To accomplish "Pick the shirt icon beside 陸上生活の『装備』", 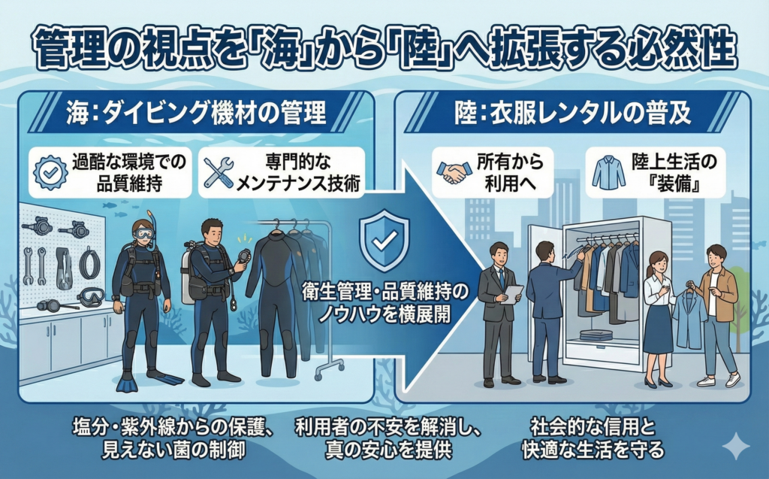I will click(608, 172).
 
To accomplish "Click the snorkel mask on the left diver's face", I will click(143, 234).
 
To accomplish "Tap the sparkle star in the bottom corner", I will click(734, 447).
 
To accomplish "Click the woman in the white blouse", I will click(658, 316).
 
